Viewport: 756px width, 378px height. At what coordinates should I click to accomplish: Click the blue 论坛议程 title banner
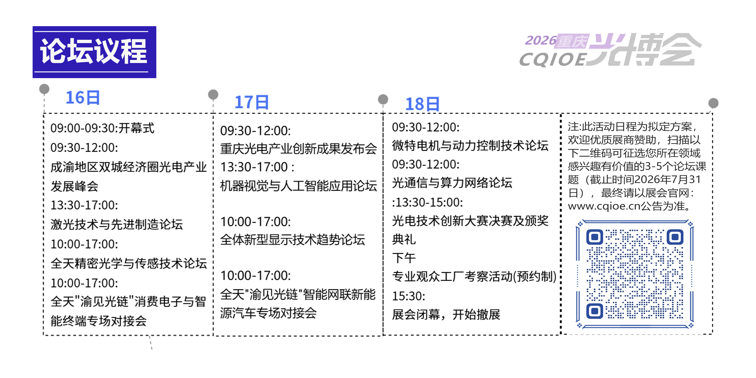(x=94, y=52)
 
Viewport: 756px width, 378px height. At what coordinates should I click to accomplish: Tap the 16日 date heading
(x=83, y=98)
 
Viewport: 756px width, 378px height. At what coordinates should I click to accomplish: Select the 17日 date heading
(x=252, y=102)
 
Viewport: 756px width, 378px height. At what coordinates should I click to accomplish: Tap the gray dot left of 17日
(x=213, y=94)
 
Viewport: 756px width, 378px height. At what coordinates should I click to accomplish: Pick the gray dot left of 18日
(x=383, y=99)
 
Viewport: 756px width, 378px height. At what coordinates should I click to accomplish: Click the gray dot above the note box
(x=713, y=103)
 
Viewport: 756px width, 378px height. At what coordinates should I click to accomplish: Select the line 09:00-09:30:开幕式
(x=102, y=128)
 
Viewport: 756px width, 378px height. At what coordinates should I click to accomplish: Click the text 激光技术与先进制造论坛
(x=117, y=225)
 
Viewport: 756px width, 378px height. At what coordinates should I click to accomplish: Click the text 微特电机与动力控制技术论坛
(x=470, y=145)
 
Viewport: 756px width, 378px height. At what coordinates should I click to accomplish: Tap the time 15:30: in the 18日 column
(x=409, y=296)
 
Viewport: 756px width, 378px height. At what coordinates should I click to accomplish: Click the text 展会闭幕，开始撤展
(x=446, y=315)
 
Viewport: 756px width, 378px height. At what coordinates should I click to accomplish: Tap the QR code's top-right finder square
(x=675, y=237)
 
